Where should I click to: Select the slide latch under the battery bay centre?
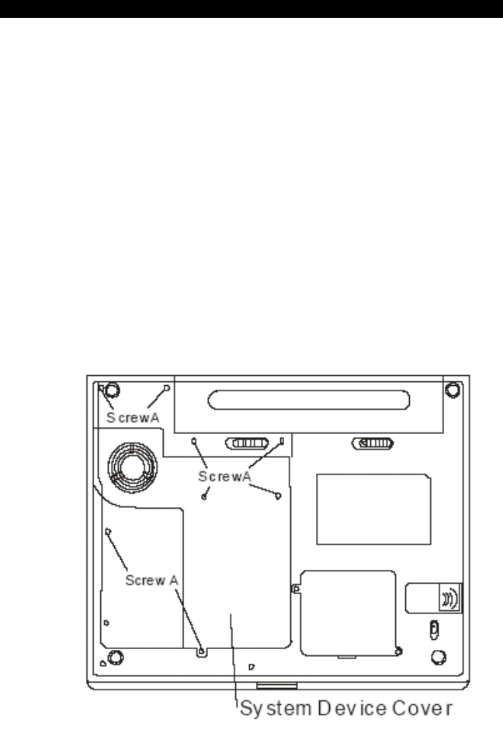pos(248,444)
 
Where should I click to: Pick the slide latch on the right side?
pos(373,444)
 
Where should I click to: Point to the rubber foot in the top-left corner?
pos(111,391)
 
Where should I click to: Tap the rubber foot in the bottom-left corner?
pos(114,658)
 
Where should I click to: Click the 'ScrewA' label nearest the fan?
pos(133,417)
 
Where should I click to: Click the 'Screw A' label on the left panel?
pos(154,579)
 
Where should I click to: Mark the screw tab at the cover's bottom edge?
pos(202,651)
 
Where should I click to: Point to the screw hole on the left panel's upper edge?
pos(108,532)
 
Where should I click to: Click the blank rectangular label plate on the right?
pos(373,509)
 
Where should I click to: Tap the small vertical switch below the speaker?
pos(435,627)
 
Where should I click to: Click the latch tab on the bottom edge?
pos(277,686)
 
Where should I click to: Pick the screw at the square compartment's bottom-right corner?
pos(398,650)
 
